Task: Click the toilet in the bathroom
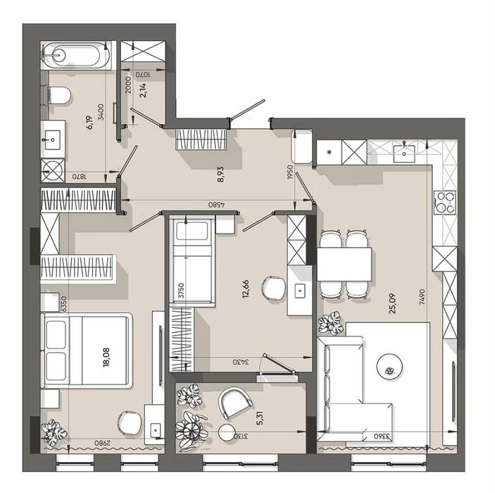tap(59, 95)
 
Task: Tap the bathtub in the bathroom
tap(76, 56)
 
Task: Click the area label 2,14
tap(143, 90)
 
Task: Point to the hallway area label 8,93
tap(220, 174)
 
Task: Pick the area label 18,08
tap(106, 358)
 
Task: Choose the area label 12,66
tap(246, 288)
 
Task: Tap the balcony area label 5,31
tap(260, 418)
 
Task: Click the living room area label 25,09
tap(392, 303)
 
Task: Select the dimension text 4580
tap(216, 205)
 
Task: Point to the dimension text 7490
tap(422, 297)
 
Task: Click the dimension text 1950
tap(290, 172)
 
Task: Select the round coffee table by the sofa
tap(389, 367)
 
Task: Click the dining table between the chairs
tap(344, 264)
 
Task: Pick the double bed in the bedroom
tap(87, 351)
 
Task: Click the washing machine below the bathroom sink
tap(53, 171)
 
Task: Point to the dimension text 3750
tap(181, 291)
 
